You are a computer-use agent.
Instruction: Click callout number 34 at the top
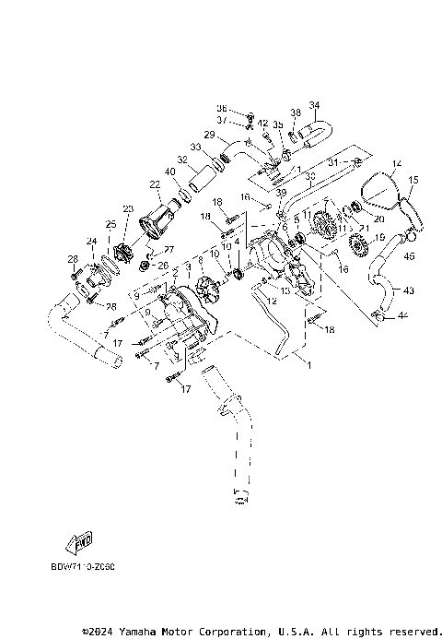click(x=314, y=104)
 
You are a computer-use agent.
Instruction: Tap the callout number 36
click(x=221, y=108)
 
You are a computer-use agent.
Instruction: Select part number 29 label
click(x=209, y=135)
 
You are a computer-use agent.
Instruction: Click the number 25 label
click(x=110, y=225)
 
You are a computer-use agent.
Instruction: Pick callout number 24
click(x=91, y=243)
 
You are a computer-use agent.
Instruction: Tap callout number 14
click(x=398, y=166)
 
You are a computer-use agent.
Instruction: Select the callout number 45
click(x=409, y=255)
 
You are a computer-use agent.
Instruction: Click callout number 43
click(x=409, y=290)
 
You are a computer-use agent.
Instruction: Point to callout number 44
click(x=401, y=315)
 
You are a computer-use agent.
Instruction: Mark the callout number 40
click(x=170, y=172)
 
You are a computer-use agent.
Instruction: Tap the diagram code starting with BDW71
click(x=90, y=567)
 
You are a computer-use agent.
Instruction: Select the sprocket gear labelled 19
click(x=359, y=247)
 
